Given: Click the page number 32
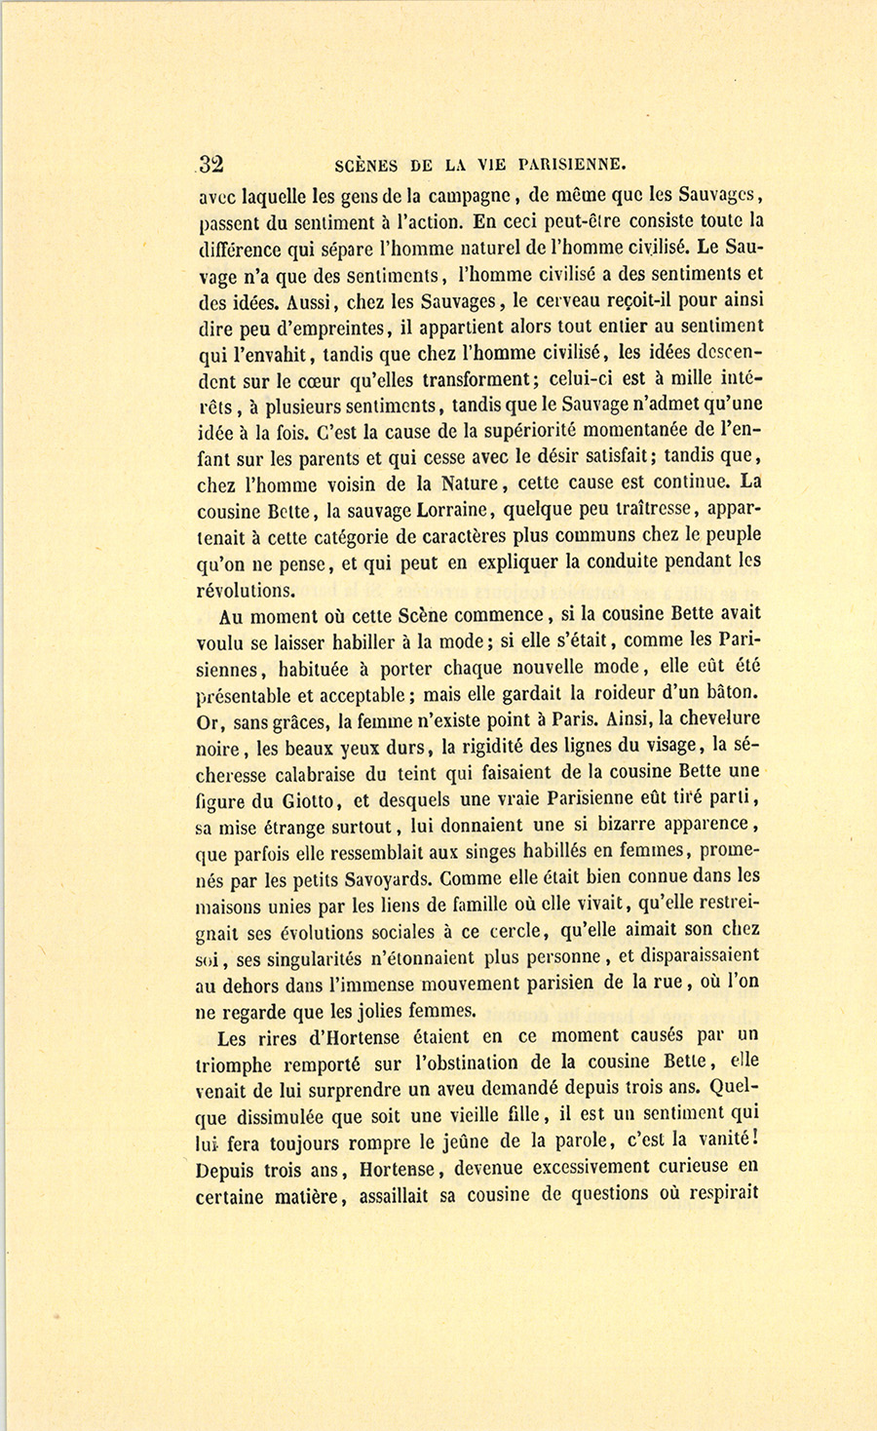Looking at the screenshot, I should click(210, 164).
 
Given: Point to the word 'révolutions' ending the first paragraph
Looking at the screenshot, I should click(245, 589).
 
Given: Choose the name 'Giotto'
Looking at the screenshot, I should click(311, 800).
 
